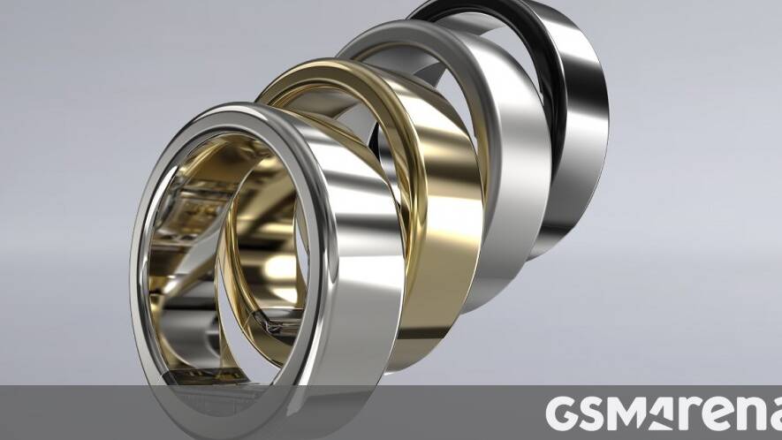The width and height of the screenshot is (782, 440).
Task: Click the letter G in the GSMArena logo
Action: point(562,413)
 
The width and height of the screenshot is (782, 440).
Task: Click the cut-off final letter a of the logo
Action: point(775,416)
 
